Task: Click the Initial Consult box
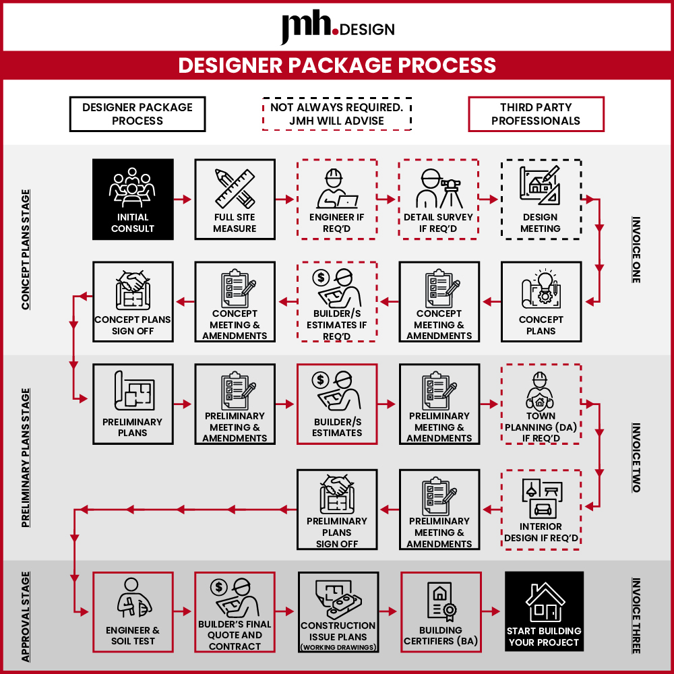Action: tap(133, 199)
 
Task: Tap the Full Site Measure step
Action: tap(235, 199)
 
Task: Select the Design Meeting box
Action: tap(541, 199)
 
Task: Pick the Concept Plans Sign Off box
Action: tap(133, 302)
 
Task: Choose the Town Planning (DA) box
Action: tap(541, 404)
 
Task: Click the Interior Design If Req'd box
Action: tap(541, 510)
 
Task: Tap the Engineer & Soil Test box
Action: tap(133, 612)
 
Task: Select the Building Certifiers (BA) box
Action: tap(441, 612)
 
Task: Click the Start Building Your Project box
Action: tap(544, 611)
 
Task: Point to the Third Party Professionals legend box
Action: tap(536, 114)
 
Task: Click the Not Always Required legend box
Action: tap(337, 114)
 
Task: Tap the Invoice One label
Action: tap(636, 249)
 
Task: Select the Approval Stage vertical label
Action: tap(26, 617)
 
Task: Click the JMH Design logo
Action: tap(338, 27)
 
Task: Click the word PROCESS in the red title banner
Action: tap(447, 65)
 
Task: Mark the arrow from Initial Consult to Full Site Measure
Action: tap(183, 199)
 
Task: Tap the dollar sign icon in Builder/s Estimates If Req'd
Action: tap(321, 277)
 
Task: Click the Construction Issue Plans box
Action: tap(338, 612)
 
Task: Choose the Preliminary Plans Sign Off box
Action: tap(337, 510)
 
